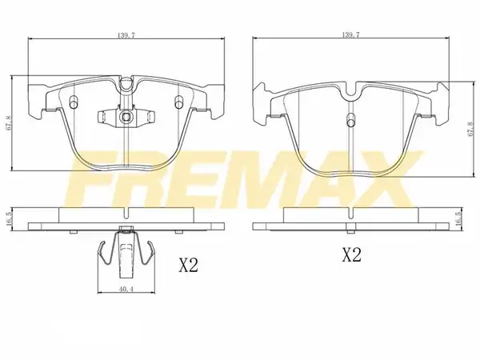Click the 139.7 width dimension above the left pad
point(126,35)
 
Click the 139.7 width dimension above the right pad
point(350,34)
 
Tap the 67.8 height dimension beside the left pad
point(8,123)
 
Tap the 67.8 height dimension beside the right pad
point(471,129)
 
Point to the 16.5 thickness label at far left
point(8,219)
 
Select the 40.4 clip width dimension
point(126,290)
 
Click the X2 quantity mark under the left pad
point(189,265)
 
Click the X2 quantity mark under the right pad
point(352,254)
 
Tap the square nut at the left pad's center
point(126,117)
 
